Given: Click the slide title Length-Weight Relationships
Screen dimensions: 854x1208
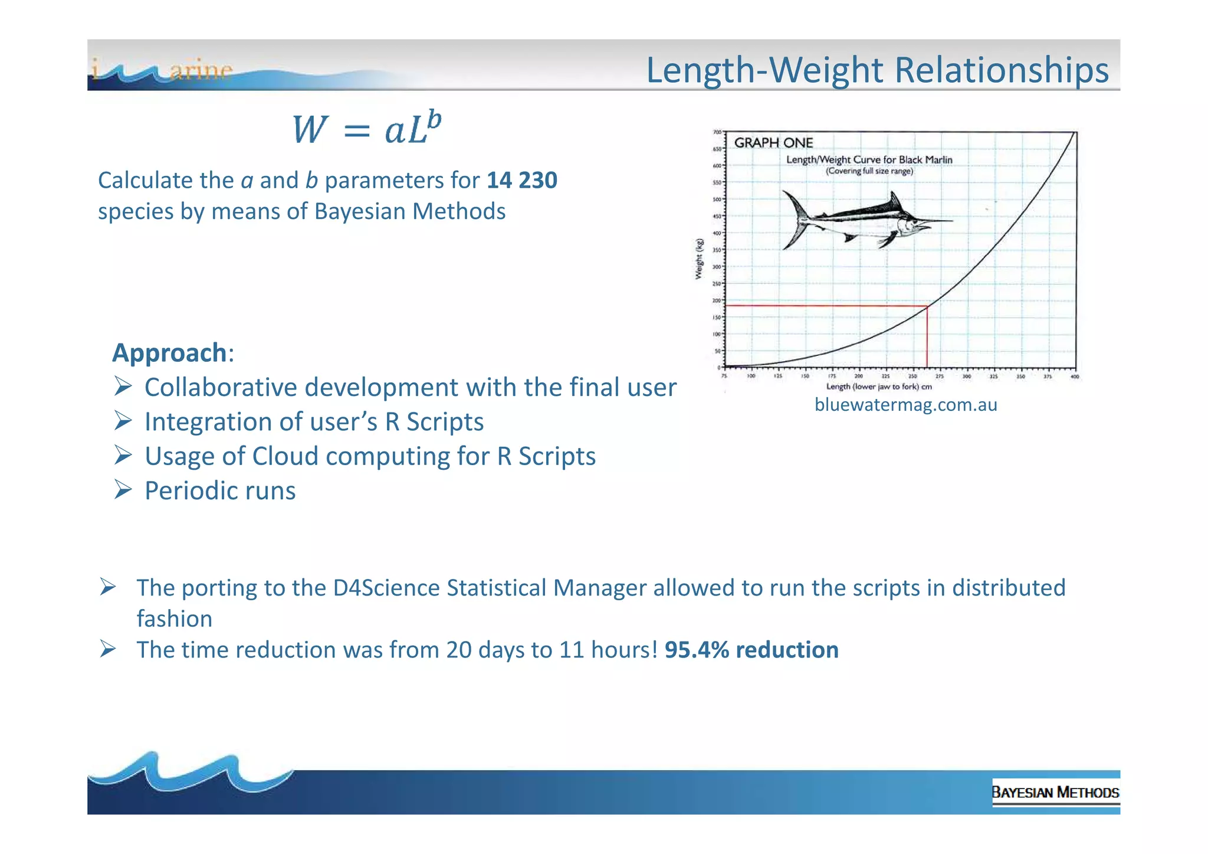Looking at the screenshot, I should pos(877,70).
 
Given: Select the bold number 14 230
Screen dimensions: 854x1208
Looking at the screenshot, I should pos(521,180).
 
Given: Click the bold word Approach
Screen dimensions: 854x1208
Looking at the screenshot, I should pos(169,353).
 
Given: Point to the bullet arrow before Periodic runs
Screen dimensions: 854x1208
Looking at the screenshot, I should pos(123,489).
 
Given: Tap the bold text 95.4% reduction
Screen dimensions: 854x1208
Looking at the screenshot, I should pos(751,650).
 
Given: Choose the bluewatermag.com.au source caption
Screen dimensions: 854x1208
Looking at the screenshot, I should pos(905,405).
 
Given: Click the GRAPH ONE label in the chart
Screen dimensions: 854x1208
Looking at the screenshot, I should pos(773,143).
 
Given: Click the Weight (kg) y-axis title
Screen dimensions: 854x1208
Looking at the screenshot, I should pos(699,259).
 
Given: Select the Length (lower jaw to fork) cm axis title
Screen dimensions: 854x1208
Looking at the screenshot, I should pos(879,387).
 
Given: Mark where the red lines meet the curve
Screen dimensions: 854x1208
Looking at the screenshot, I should pos(927,306).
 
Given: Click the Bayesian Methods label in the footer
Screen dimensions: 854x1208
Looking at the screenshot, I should pos(1055,792).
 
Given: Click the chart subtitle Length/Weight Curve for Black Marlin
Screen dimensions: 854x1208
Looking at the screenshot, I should pos(869,160).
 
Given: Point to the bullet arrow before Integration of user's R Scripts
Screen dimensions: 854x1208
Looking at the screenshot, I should pos(123,421).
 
